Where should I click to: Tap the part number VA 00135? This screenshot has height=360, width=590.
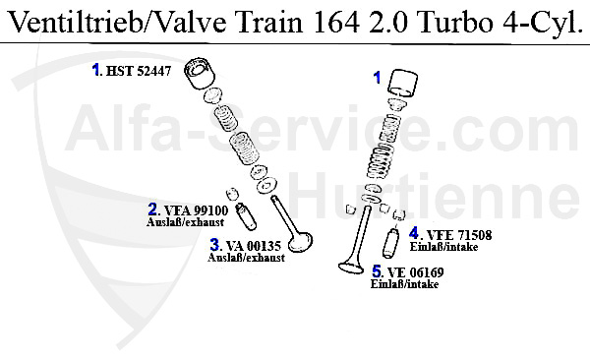(255, 246)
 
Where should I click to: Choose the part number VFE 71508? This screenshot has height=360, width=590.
(459, 235)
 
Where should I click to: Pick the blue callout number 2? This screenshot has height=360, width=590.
(153, 210)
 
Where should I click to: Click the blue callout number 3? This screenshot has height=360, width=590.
(215, 245)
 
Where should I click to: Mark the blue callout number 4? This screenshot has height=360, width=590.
(415, 234)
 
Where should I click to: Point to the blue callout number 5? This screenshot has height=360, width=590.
(378, 271)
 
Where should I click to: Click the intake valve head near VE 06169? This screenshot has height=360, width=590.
(346, 266)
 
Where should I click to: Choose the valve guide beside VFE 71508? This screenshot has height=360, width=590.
(392, 242)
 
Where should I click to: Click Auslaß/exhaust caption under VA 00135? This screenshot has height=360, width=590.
(246, 258)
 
